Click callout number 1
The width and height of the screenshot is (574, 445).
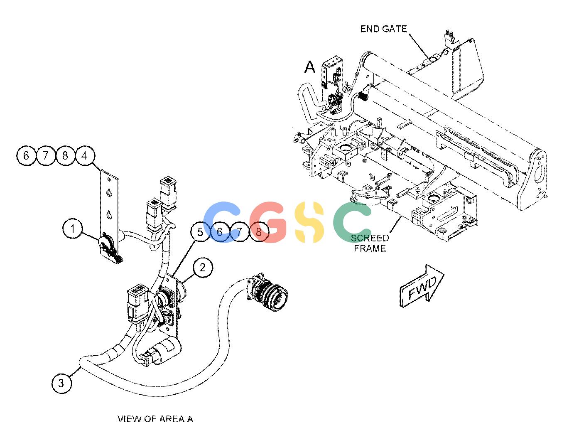(72, 229)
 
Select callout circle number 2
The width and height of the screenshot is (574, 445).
(203, 268)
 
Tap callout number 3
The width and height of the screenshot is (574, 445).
(61, 383)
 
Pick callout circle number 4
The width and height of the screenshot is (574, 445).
(85, 156)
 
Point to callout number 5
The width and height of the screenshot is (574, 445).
(200, 232)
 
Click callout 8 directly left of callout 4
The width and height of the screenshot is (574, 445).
(65, 156)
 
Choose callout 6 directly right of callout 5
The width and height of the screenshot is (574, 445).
(220, 232)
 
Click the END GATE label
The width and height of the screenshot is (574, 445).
(383, 29)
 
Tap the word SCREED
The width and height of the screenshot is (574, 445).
(370, 238)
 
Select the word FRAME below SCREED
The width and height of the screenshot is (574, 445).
(370, 248)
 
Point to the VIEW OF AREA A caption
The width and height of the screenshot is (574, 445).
(155, 419)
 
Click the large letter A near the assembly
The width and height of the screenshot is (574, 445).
(309, 67)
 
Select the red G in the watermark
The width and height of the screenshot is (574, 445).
(268, 222)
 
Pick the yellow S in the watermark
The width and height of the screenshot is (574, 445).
(309, 222)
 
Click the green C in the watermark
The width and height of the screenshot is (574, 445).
(352, 222)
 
